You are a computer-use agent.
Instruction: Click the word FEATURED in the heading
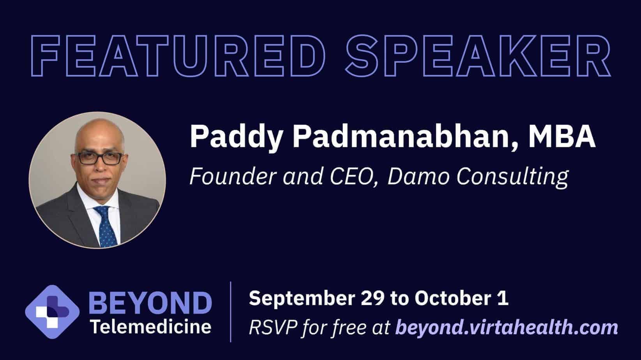pos(178,56)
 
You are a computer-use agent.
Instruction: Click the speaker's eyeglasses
pos(100,158)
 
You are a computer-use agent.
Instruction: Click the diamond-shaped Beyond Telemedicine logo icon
pos(52,312)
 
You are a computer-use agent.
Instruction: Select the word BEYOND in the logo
pos(150,303)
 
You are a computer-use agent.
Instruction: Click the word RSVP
pos(273,327)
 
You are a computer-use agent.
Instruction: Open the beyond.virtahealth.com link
pos(507,328)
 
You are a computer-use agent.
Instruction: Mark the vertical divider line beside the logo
pos(231,312)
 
